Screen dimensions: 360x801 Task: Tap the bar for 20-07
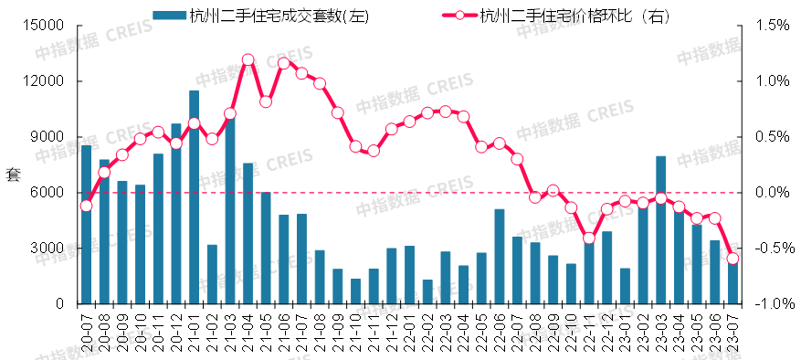[x=86, y=225]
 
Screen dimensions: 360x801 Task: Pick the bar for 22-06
[x=499, y=257]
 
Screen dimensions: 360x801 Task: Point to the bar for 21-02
[x=212, y=274]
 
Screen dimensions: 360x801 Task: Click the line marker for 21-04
[x=248, y=59]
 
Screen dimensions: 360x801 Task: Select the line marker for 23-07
[x=732, y=259]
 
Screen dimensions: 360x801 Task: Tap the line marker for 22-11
[x=589, y=238]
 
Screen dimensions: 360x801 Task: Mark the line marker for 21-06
[x=284, y=63]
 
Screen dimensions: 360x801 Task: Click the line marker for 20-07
[x=86, y=206]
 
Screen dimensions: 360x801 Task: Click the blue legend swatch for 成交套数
[x=169, y=16]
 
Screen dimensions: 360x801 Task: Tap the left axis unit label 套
[x=13, y=174]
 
